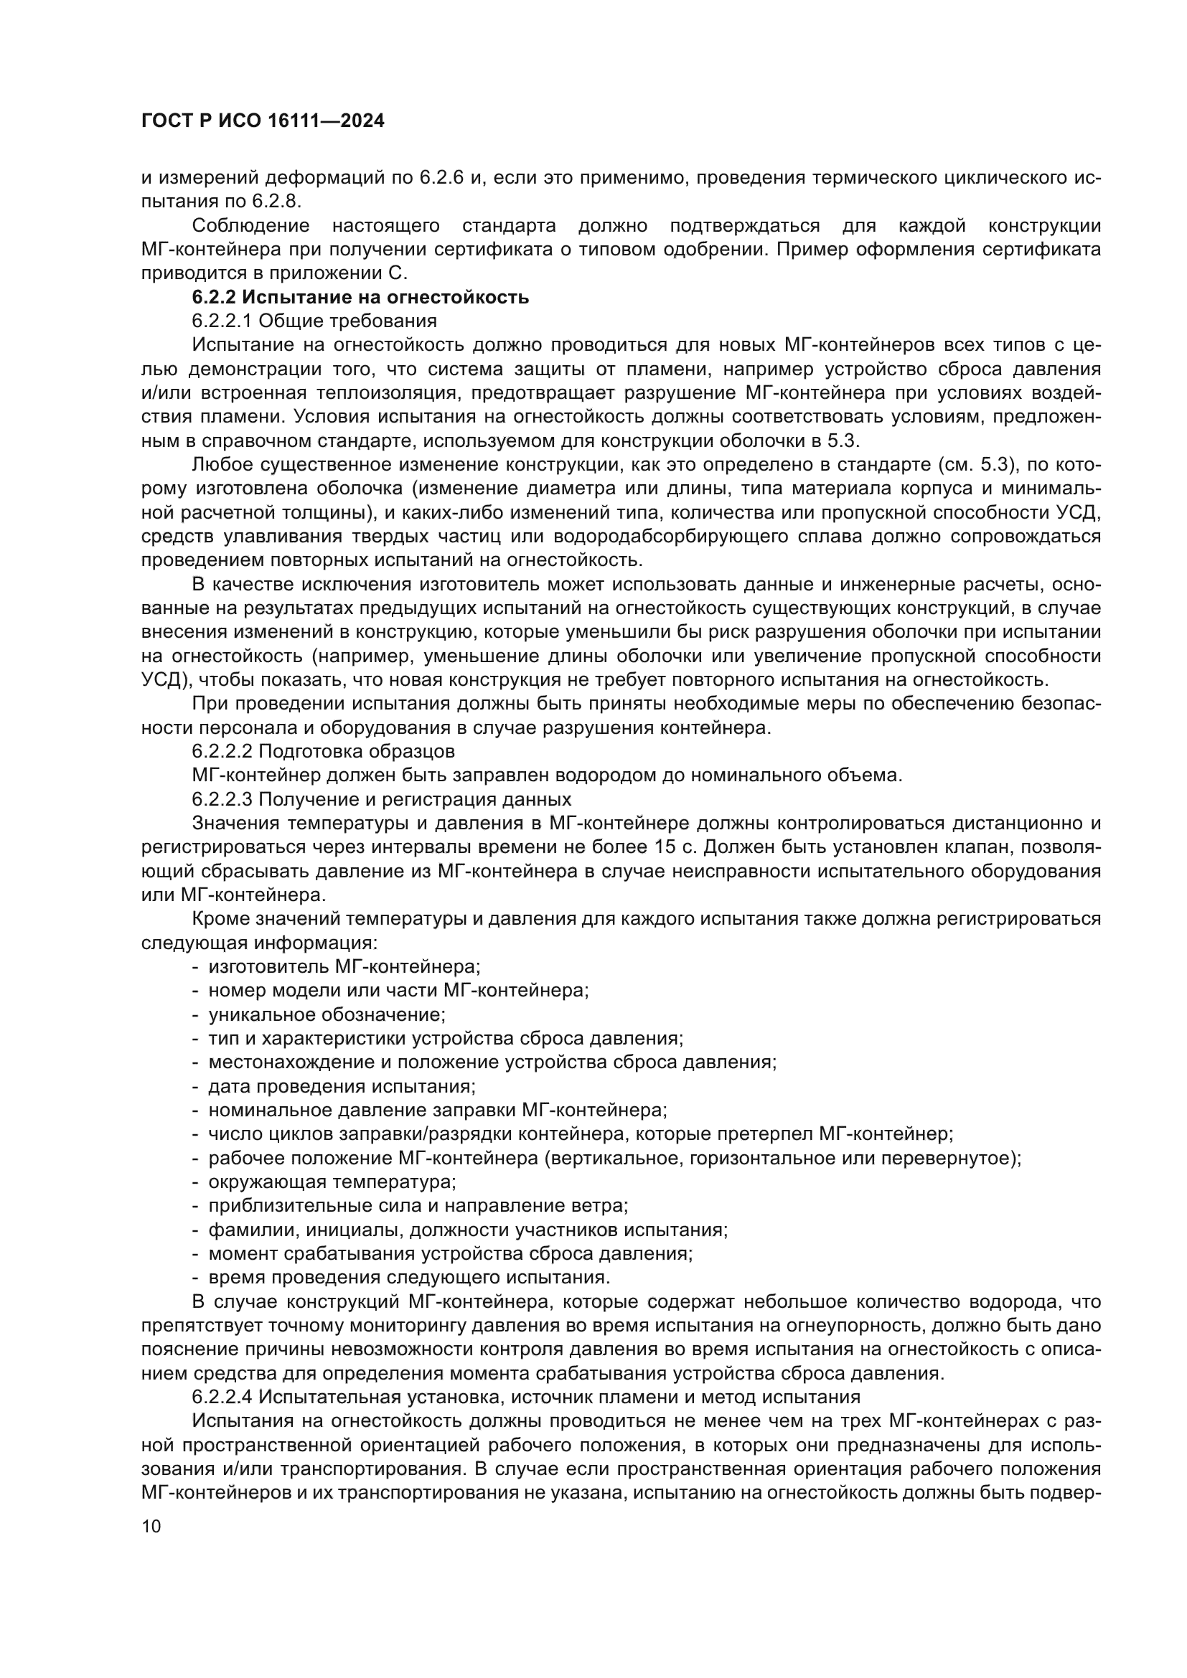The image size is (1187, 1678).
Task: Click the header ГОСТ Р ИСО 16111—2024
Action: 263,121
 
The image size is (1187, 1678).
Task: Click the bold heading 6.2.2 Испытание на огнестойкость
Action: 360,298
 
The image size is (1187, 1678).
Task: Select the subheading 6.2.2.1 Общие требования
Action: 314,321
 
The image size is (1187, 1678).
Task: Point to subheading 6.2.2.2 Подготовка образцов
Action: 323,751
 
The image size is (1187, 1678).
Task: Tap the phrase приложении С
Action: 339,273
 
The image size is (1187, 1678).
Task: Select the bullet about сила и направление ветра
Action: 418,1206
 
